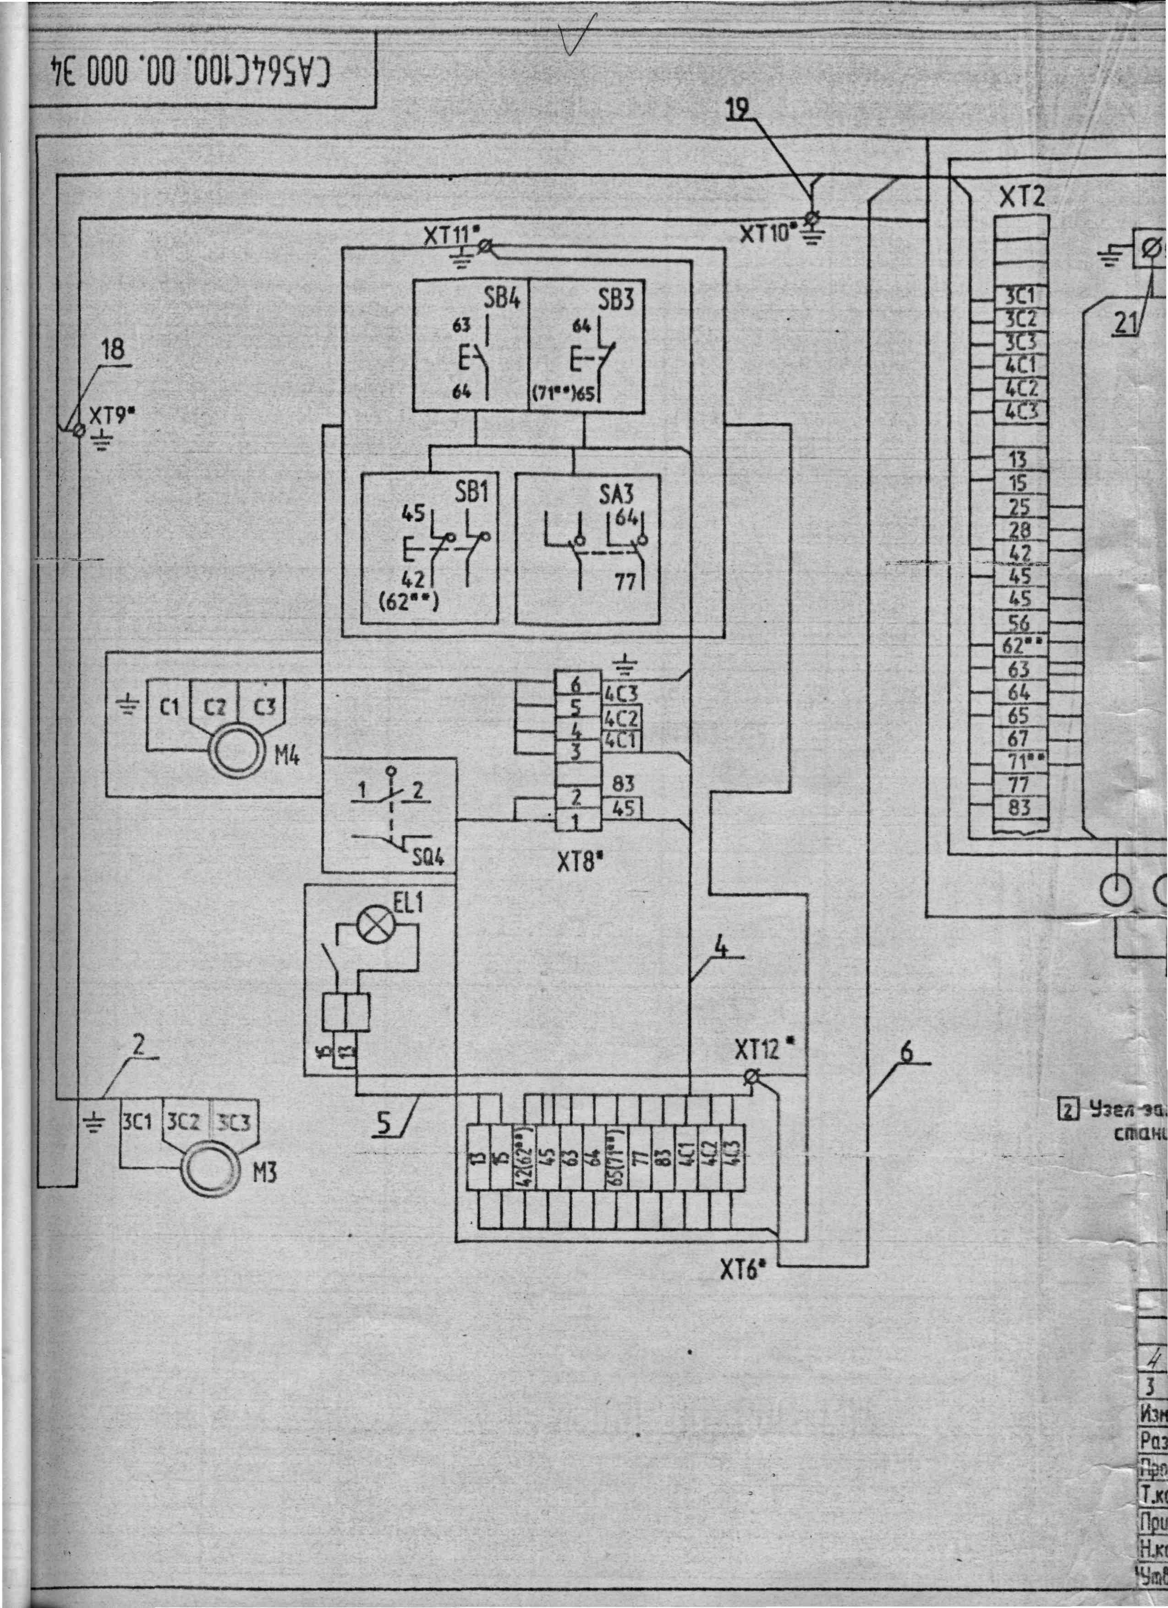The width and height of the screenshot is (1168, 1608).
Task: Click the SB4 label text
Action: point(502,299)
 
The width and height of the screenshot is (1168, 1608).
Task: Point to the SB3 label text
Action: point(615,300)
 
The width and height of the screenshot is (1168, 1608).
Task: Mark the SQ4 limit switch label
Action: point(428,858)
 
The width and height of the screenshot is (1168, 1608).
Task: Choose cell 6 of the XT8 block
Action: point(576,685)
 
